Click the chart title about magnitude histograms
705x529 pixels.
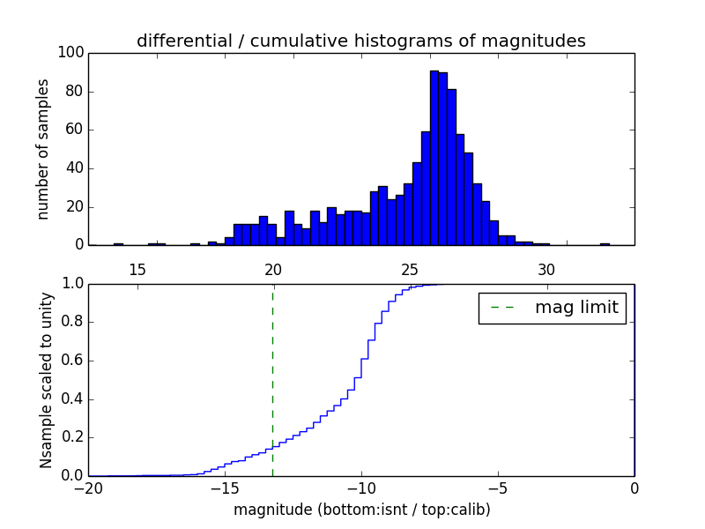pos(360,41)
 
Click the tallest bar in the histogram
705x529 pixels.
pos(434,159)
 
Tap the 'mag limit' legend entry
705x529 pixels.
pos(552,308)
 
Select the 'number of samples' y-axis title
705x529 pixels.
pos(42,149)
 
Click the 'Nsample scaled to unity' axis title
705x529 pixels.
pos(46,380)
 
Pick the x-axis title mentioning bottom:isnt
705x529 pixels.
pos(361,510)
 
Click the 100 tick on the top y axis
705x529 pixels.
pos(71,53)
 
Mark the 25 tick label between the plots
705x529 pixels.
pos(410,269)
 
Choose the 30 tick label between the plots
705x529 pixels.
pos(546,269)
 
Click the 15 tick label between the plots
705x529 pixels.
pos(137,269)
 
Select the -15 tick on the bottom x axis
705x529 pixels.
pos(224,488)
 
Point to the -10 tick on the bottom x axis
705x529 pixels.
pos(360,488)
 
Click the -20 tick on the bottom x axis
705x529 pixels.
pos(87,488)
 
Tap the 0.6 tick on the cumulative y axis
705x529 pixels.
pos(72,361)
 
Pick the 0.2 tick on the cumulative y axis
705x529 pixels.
pos(72,437)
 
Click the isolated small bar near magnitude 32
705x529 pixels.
pos(605,243)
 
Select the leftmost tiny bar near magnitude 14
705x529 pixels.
pos(118,243)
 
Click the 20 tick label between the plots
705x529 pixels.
pos(273,269)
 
